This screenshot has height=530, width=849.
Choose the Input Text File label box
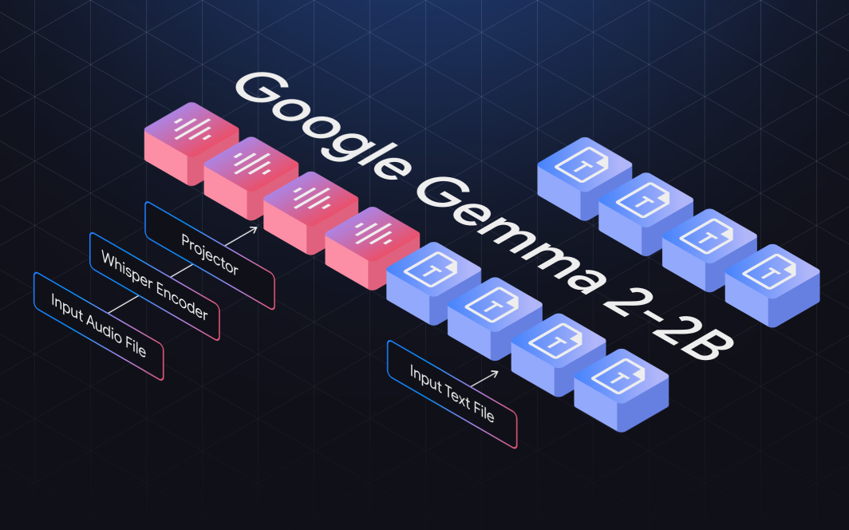coord(452,394)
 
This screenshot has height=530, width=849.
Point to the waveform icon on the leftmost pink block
coord(192,128)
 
